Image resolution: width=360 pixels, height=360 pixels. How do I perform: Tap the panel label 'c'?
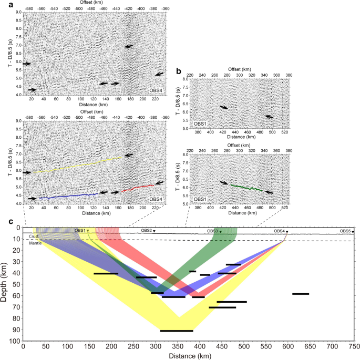click(12, 221)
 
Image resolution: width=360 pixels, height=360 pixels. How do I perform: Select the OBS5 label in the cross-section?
click(344, 231)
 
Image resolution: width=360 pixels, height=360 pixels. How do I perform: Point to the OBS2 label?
click(146, 231)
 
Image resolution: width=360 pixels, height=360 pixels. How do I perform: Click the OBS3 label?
click(212, 231)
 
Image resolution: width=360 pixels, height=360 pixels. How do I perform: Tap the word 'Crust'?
click(34, 237)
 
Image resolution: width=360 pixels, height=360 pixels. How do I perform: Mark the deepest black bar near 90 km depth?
click(177, 331)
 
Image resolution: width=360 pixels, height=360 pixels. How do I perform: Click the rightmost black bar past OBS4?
click(301, 294)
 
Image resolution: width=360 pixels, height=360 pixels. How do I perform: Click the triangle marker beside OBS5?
click(353, 232)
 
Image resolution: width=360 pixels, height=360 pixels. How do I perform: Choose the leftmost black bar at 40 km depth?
click(106, 273)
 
